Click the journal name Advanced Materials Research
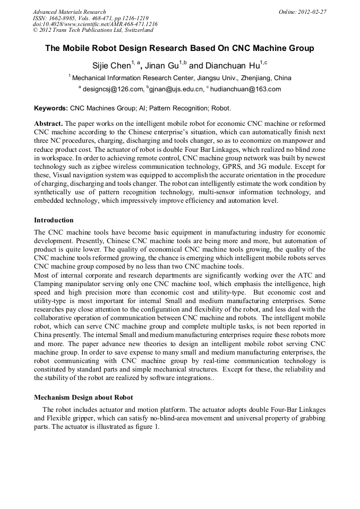69,11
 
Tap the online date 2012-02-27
313,11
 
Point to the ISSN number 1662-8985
64,18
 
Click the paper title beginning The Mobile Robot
179,48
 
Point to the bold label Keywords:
51,108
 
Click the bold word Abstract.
48,123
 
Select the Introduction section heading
54,220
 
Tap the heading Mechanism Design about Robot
83,397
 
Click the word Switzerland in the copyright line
135,30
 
